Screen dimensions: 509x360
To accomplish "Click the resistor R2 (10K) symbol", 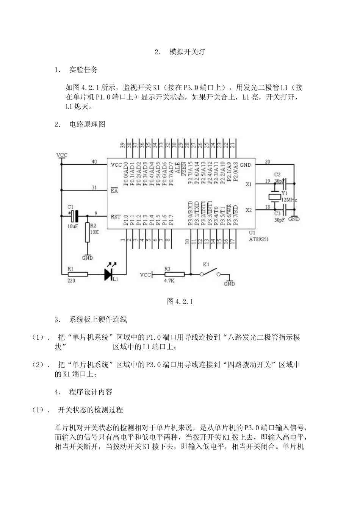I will (x=87, y=232).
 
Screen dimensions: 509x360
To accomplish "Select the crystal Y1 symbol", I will (x=274, y=197).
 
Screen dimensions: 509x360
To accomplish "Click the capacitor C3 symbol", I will (x=283, y=209).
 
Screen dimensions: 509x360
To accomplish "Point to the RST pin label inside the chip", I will (x=116, y=217).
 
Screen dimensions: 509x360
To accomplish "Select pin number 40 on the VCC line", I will (x=94, y=162).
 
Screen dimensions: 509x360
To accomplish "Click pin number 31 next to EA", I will (x=94, y=187).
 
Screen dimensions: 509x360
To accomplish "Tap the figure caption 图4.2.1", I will (x=180, y=301).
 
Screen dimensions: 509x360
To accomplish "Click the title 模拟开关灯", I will (x=187, y=52).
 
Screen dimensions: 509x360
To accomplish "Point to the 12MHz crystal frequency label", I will (x=289, y=200).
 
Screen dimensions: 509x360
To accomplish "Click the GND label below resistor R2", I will (x=88, y=258).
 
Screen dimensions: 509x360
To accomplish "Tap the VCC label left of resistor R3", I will (x=146, y=274).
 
